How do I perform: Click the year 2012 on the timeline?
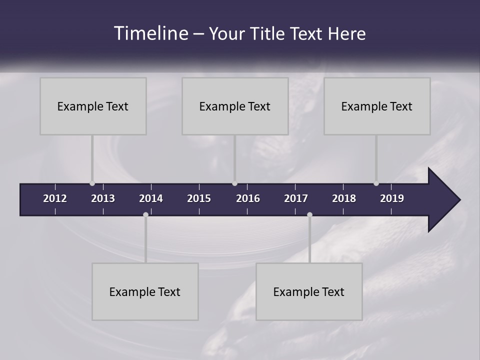click(x=55, y=198)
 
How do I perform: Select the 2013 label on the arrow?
click(x=103, y=198)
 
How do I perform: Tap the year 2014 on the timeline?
click(x=151, y=198)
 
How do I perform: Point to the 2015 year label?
click(x=199, y=198)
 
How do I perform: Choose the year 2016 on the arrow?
click(x=248, y=198)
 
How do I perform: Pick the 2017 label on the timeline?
click(x=296, y=198)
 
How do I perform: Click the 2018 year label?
click(x=344, y=198)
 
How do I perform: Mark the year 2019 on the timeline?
click(x=392, y=198)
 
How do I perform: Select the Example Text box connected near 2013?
click(x=93, y=106)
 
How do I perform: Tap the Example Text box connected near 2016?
click(x=235, y=106)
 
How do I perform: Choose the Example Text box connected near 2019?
click(x=377, y=106)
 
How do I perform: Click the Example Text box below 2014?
click(x=145, y=291)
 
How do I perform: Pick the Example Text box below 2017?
click(x=309, y=291)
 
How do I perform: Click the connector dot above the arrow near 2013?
click(x=92, y=183)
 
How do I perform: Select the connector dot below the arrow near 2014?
click(x=145, y=214)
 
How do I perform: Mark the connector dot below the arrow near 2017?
click(x=309, y=214)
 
